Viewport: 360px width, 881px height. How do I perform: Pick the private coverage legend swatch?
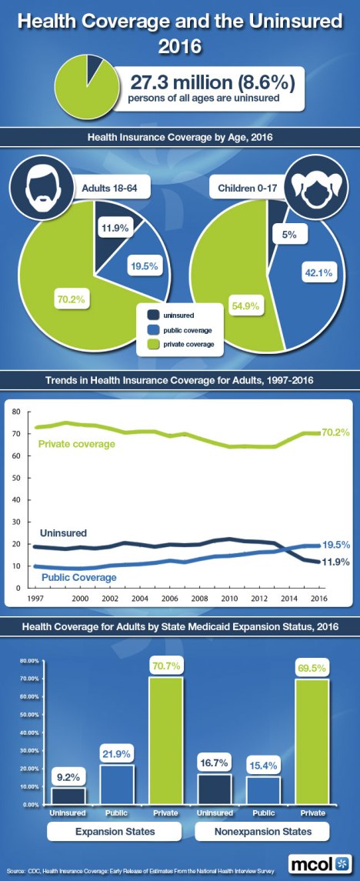[x=153, y=344]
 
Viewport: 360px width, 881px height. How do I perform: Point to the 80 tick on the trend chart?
[x=15, y=412]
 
